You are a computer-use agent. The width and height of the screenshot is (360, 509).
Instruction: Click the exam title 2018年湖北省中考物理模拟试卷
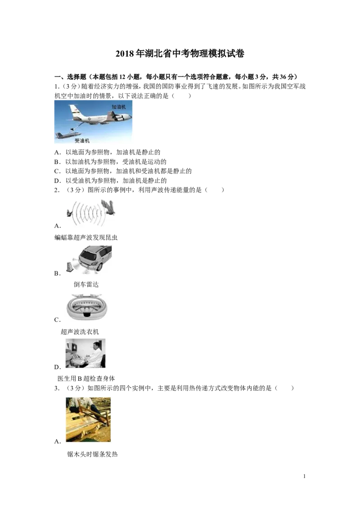coord(180,54)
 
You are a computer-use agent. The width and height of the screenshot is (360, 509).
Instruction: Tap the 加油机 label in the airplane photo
coord(119,107)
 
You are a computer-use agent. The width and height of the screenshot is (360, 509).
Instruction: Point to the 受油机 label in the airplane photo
coord(82,141)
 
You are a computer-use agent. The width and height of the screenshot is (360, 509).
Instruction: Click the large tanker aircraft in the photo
coord(100,115)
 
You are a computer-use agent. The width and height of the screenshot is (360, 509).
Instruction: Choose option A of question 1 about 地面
coord(107,152)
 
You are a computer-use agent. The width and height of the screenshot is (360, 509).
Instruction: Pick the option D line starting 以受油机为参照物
coord(110,180)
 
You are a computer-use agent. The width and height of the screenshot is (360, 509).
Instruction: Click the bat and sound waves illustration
coord(90,213)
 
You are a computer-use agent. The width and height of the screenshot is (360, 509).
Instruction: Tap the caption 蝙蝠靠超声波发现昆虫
coord(86,237)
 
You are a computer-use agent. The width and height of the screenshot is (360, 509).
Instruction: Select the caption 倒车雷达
coord(86,284)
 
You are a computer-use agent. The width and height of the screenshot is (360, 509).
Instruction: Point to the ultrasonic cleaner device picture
coord(86,308)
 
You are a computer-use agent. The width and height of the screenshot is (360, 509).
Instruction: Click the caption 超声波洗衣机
coord(80,332)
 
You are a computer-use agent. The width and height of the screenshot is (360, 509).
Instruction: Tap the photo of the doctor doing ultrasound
coord(85,353)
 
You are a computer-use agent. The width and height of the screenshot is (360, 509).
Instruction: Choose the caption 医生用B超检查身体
coord(86,379)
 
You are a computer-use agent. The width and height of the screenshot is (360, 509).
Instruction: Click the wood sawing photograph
coord(88,420)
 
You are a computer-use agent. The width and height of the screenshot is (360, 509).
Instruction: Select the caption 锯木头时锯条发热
coord(92,454)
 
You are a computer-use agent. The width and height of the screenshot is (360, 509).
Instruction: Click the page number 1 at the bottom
coord(305,476)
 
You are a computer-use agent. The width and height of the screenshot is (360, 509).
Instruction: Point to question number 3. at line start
coord(57,388)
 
